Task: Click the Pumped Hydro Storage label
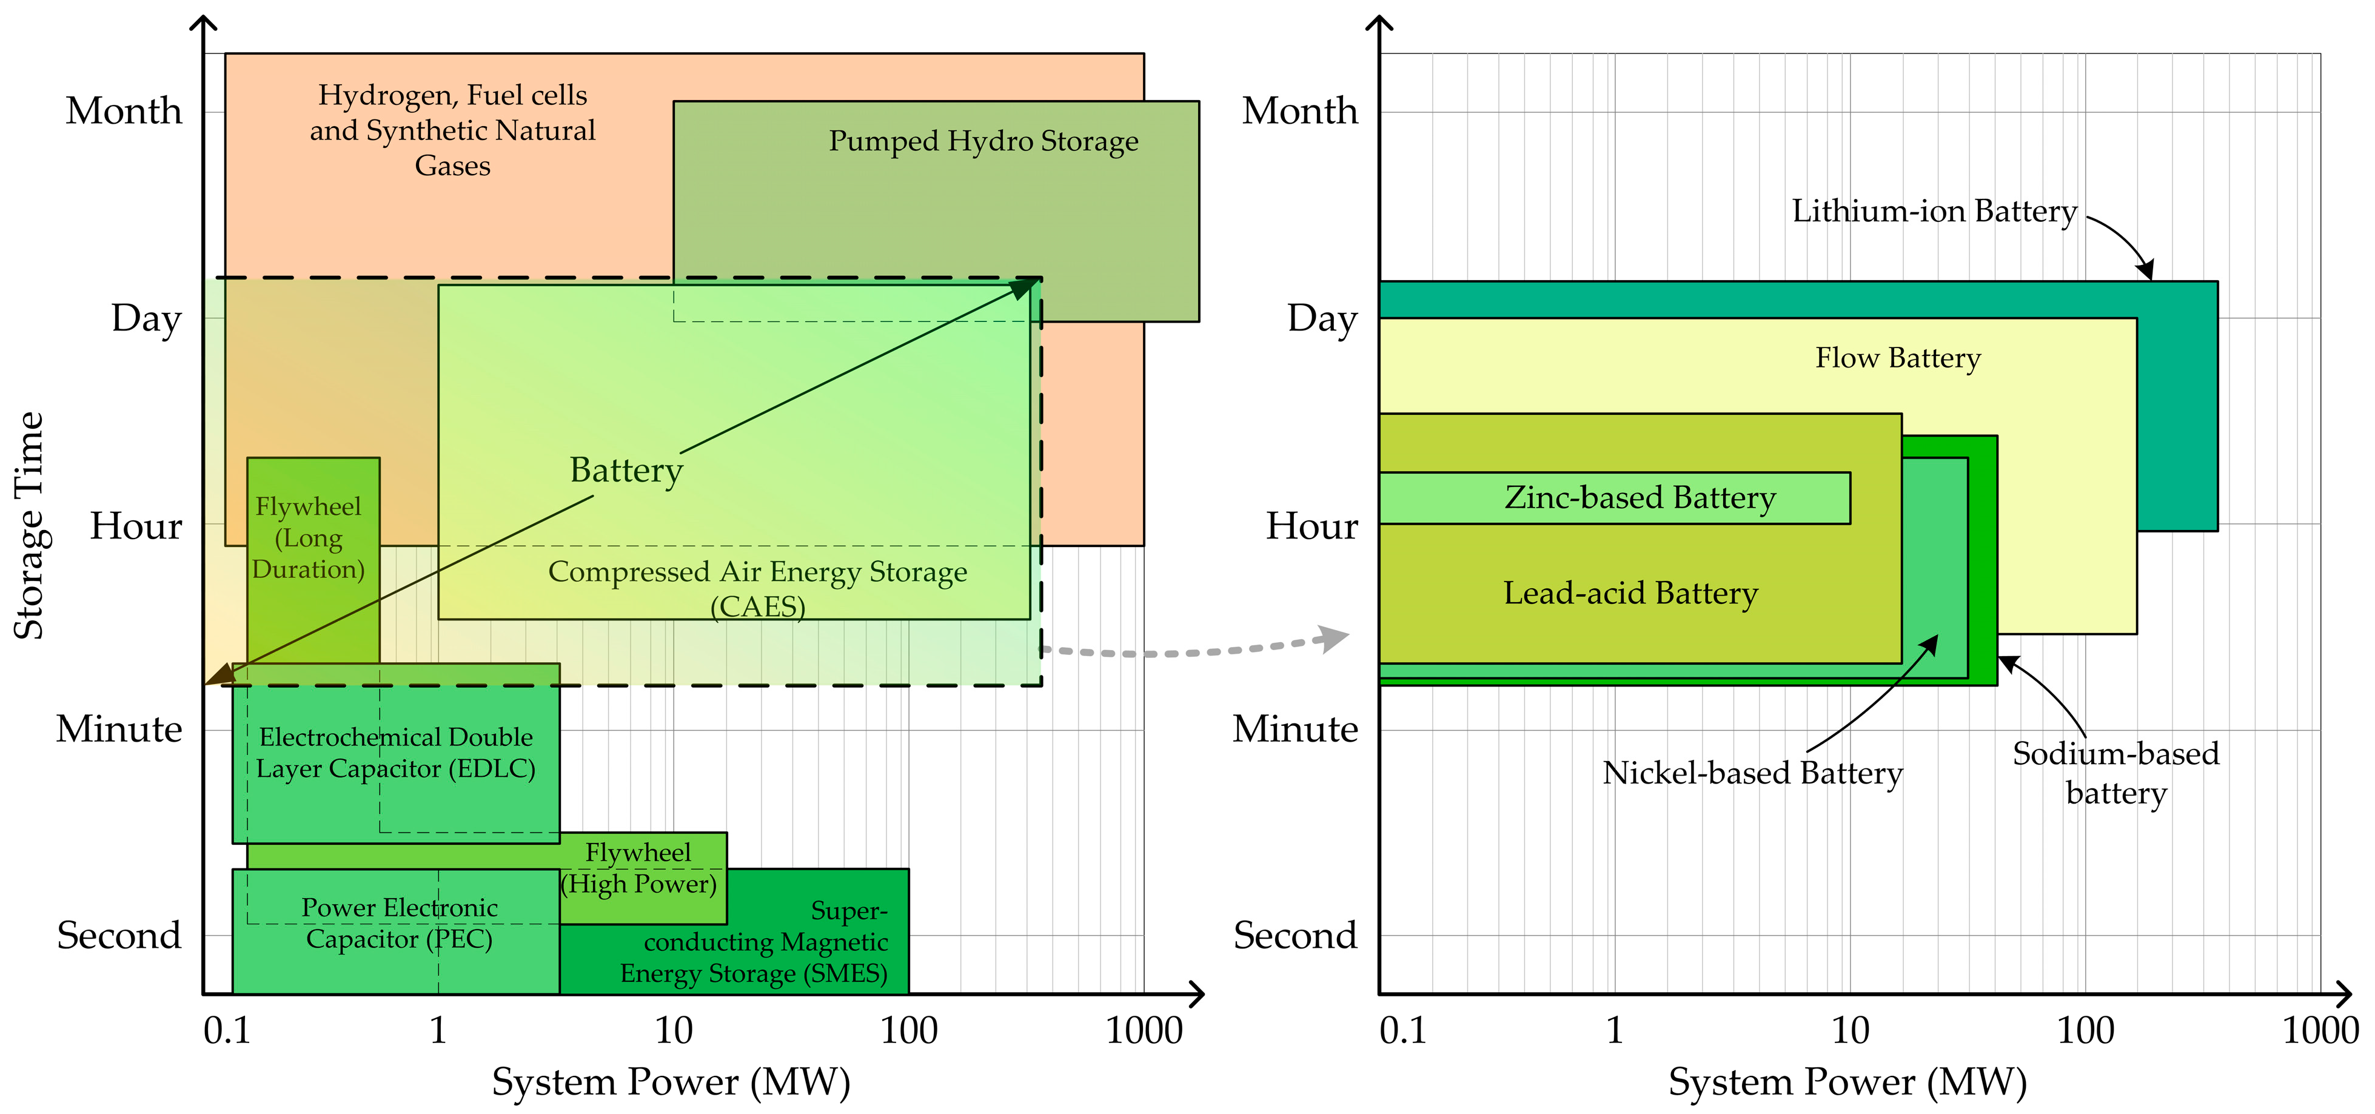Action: point(983,141)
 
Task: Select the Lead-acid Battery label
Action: point(1630,593)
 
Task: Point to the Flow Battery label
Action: point(1897,358)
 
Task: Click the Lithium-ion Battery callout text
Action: point(1934,211)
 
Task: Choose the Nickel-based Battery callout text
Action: point(1752,773)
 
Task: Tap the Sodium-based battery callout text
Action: point(2115,773)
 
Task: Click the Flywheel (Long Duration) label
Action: point(309,538)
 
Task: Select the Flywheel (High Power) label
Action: point(638,868)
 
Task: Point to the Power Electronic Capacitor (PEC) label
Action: point(399,923)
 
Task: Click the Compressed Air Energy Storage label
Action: point(758,588)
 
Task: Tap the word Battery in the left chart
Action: point(626,471)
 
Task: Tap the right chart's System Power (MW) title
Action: point(1847,1082)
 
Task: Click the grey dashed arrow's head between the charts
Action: point(1333,637)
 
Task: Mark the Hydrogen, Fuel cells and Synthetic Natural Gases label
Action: point(453,130)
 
